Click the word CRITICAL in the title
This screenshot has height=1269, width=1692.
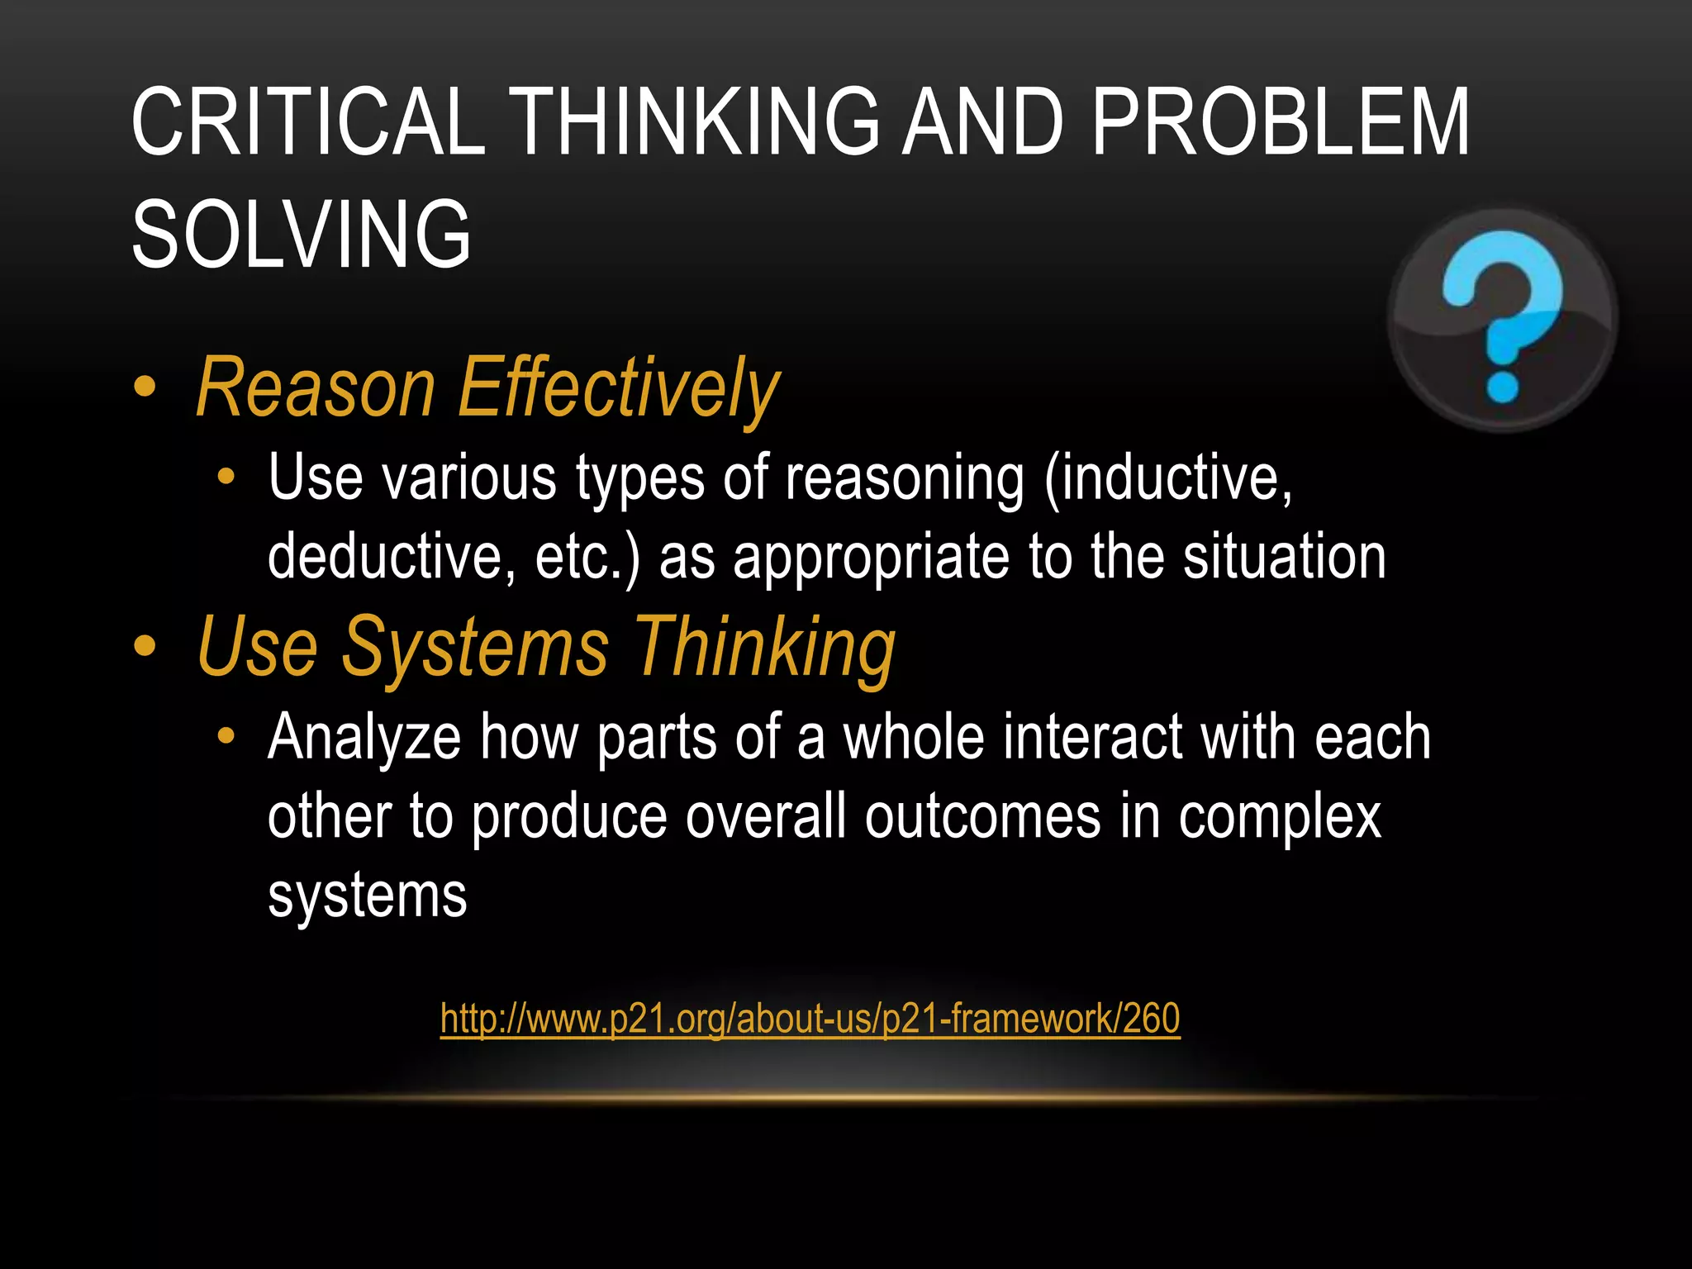308,122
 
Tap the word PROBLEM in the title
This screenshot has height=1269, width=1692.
1281,122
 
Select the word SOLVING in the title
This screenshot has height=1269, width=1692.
302,235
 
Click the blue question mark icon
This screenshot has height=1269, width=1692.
1502,318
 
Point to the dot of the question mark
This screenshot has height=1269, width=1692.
1502,386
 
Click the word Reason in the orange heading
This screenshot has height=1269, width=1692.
316,388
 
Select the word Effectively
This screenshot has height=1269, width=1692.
618,388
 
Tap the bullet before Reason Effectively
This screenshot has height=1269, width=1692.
145,387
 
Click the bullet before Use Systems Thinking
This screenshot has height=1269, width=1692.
145,646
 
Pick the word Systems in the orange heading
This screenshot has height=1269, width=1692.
476,648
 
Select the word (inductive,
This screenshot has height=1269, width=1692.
1168,478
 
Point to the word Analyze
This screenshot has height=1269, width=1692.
364,737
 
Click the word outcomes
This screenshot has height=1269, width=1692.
982,816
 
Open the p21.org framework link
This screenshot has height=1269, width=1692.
810,1019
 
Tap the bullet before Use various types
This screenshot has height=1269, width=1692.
226,477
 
